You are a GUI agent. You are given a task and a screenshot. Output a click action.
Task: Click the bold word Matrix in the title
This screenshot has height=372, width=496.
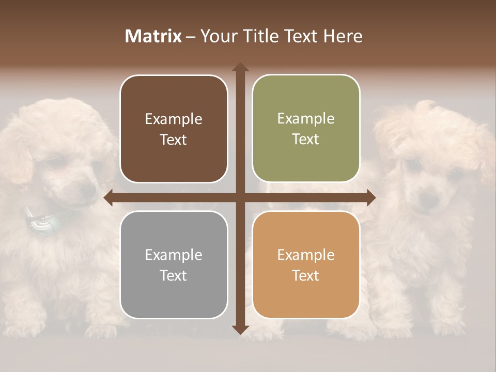point(153,36)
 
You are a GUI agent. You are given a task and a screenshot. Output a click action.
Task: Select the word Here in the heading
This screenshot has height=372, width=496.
point(343,36)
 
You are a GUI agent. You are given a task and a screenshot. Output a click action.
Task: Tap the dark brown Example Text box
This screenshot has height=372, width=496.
point(174,129)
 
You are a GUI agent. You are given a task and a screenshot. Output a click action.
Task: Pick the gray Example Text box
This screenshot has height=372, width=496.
point(174,265)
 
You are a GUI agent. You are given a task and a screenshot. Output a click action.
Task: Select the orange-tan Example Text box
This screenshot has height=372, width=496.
point(306,265)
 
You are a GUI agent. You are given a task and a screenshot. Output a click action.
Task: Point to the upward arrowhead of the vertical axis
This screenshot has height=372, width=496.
point(240,68)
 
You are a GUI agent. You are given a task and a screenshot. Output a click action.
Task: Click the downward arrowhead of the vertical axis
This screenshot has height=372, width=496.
point(240,329)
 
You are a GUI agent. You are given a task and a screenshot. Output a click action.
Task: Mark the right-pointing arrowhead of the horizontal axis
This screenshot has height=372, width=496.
point(370,197)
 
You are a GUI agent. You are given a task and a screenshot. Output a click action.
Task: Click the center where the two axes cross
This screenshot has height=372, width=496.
point(240,197)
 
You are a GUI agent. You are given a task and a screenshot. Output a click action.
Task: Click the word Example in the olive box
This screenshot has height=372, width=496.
point(306,118)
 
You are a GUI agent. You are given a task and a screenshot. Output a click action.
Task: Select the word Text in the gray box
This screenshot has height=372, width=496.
point(174,275)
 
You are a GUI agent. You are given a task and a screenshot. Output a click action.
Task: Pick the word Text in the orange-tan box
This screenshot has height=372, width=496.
point(306,275)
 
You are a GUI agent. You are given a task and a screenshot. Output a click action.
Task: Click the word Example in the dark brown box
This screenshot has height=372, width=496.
point(174,119)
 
